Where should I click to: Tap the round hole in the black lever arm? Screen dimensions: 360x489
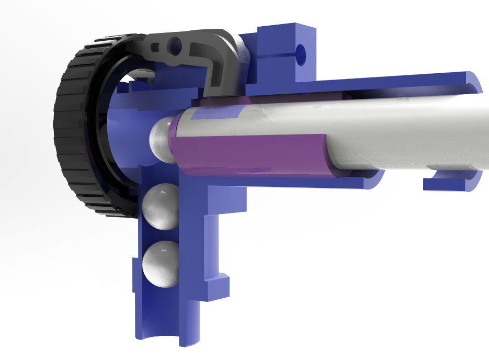(x=174, y=47)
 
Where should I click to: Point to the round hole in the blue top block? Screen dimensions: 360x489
(x=301, y=52)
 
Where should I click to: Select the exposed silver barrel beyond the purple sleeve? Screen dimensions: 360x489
(x=408, y=131)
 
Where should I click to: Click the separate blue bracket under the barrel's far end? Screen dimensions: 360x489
(x=450, y=183)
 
